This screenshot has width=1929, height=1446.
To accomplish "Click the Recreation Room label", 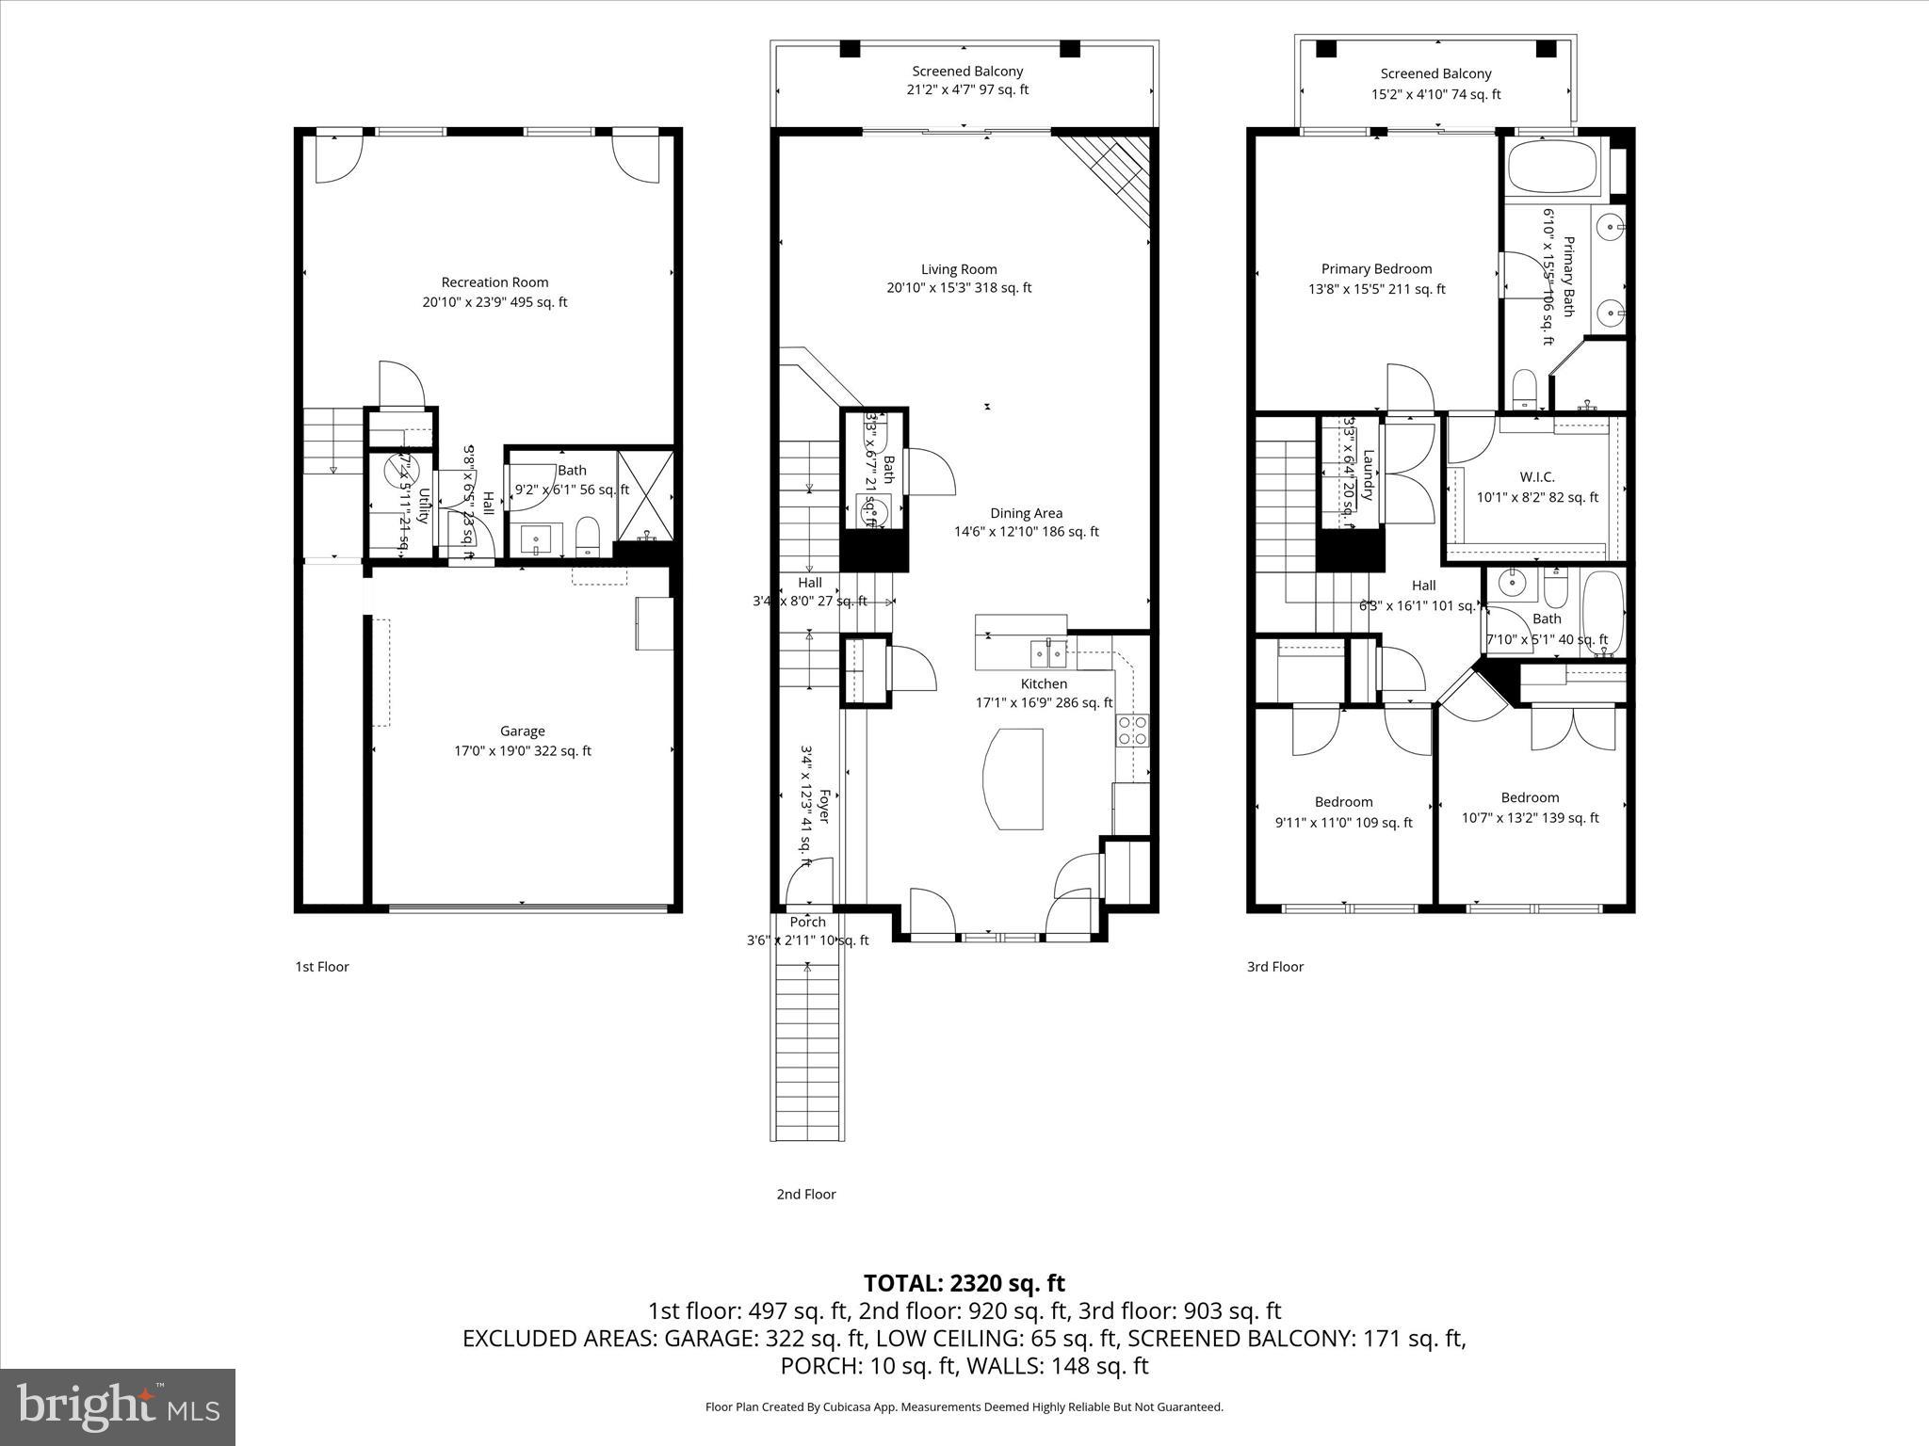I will (x=494, y=282).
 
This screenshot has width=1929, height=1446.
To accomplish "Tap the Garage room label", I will (x=522, y=731).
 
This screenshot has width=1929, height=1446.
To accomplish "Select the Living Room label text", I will (x=959, y=269).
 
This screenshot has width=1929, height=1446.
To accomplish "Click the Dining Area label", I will (x=1026, y=514).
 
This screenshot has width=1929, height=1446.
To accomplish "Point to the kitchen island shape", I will (x=1013, y=779).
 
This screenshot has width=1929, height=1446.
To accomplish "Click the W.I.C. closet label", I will (x=1536, y=477).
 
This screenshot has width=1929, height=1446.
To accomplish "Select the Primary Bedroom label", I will (x=1376, y=269).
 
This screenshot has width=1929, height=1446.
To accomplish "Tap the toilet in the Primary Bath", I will (x=1523, y=389).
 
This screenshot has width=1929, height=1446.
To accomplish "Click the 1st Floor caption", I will (x=322, y=967).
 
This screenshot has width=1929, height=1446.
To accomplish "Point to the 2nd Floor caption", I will (x=805, y=1195).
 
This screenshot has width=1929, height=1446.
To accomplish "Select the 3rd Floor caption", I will (x=1274, y=967).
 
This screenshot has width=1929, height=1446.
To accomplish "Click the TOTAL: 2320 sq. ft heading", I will (x=964, y=1283).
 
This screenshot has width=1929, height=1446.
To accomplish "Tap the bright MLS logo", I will (x=118, y=1406).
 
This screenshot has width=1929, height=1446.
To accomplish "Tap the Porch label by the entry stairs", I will (x=807, y=923).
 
